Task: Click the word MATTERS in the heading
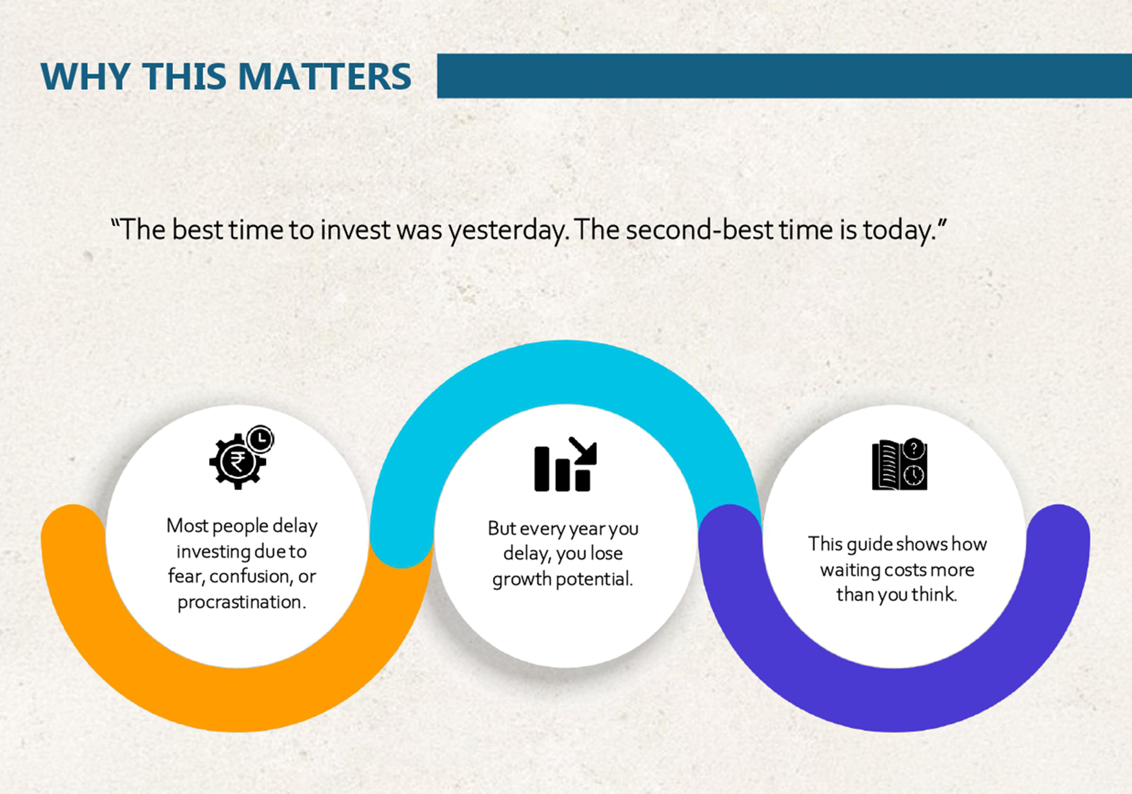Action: coord(325,76)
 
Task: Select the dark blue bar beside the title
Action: coord(784,76)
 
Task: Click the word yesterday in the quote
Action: coord(509,230)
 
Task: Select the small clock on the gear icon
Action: coord(260,440)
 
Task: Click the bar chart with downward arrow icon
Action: coord(565,464)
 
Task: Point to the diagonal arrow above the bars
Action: coord(583,450)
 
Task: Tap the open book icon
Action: coord(900,464)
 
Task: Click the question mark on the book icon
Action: coord(914,449)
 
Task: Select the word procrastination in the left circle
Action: coord(241,602)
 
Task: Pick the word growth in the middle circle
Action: coord(521,579)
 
